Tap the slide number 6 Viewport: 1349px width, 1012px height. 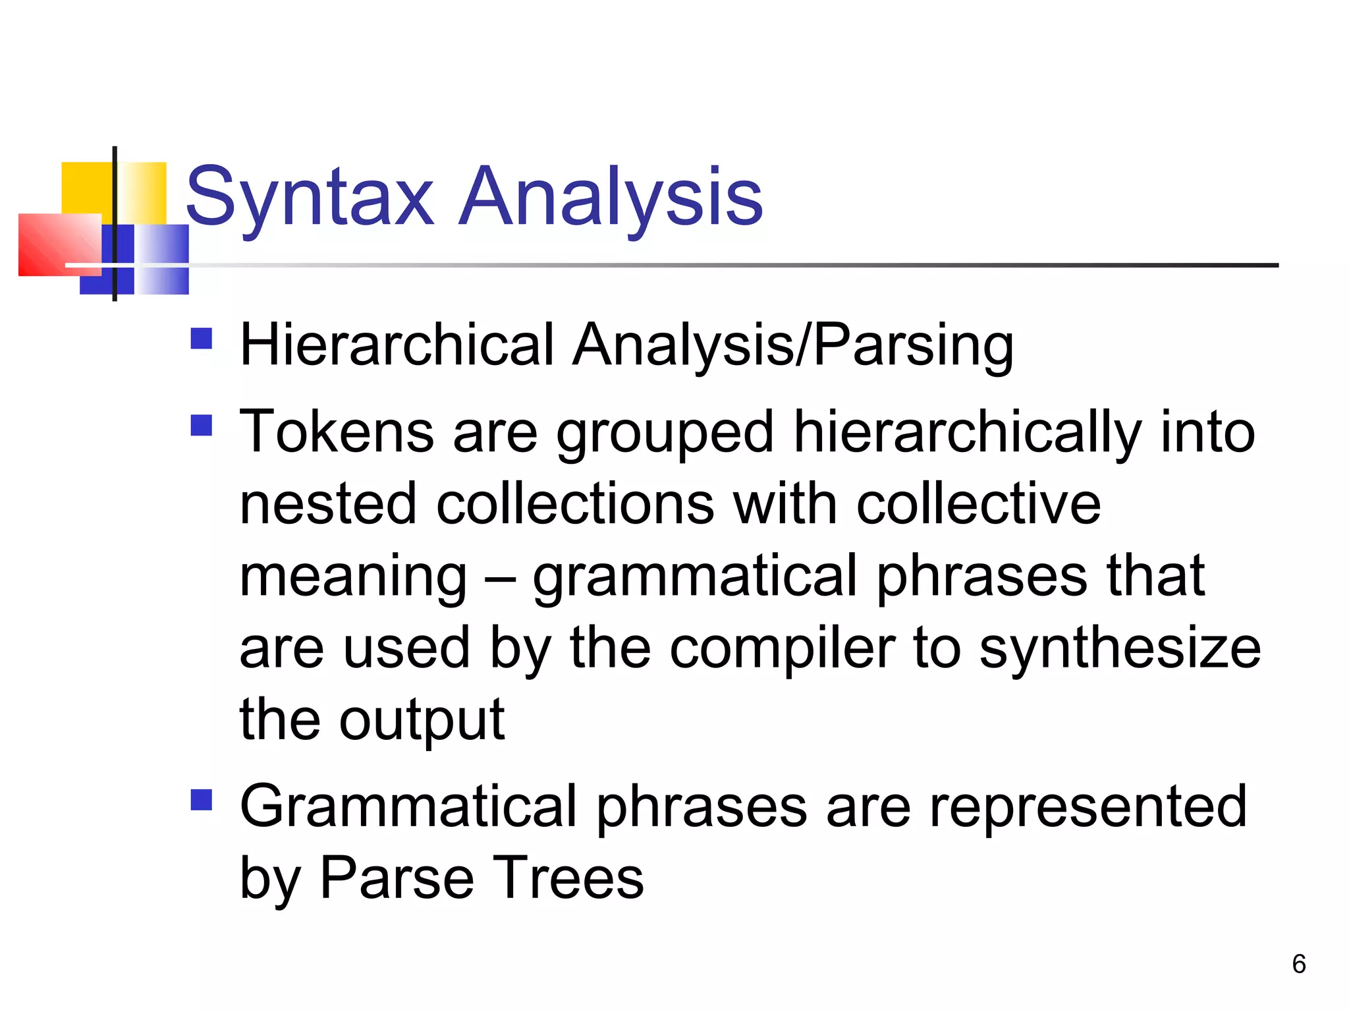[1299, 964]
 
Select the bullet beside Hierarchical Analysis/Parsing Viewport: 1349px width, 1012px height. [202, 339]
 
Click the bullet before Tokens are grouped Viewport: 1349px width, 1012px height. [202, 426]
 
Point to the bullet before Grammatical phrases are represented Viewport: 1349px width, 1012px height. [202, 800]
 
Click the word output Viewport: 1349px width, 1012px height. [422, 720]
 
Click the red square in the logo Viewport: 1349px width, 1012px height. [59, 244]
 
